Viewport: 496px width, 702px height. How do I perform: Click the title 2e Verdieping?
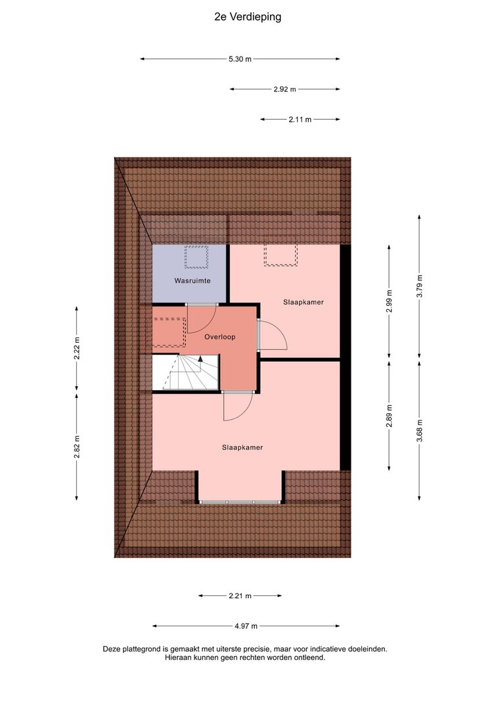[248, 17]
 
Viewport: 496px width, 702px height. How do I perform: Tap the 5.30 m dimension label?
[240, 59]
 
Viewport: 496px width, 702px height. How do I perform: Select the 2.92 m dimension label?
[284, 89]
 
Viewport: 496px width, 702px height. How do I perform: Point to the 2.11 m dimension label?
[300, 120]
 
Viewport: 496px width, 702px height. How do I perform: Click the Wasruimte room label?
[192, 281]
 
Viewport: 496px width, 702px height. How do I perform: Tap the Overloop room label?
[220, 337]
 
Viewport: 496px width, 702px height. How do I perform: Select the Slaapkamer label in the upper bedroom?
[304, 302]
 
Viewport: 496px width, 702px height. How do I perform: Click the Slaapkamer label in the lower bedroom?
[242, 447]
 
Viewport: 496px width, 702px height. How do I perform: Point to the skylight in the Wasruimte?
[196, 257]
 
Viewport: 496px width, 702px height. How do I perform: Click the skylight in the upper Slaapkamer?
[280, 255]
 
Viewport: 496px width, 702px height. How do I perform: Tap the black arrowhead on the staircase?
[200, 358]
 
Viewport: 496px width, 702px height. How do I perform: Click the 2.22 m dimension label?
[77, 348]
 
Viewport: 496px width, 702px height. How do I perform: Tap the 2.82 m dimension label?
[77, 447]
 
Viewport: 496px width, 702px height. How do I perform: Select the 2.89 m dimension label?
[389, 415]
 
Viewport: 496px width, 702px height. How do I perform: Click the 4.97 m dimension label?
[246, 626]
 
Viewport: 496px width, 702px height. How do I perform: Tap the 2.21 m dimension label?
[240, 595]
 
